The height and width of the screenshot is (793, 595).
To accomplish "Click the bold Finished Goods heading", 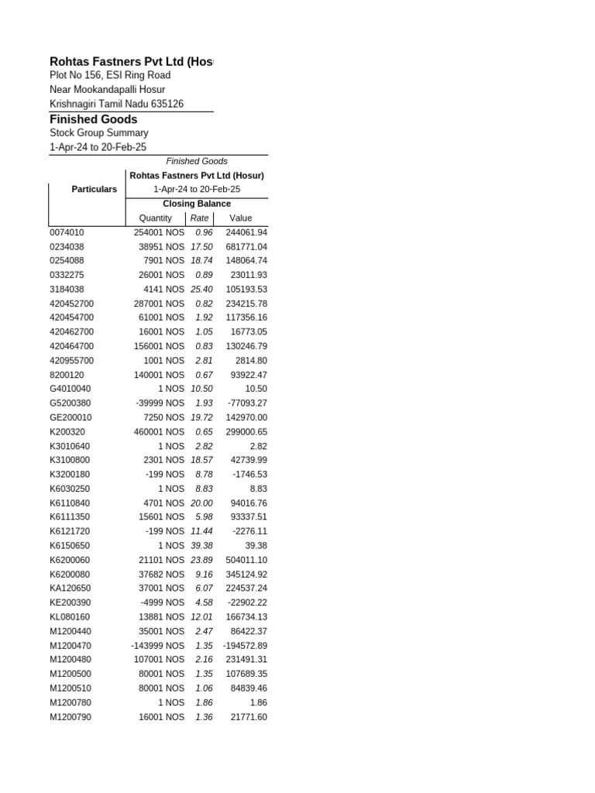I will [93, 119].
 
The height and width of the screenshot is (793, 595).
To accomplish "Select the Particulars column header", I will [94, 189].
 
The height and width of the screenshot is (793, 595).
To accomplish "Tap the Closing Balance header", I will [197, 204].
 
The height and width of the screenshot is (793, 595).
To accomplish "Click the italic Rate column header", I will [199, 218].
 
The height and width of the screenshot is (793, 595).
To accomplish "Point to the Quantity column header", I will [155, 218].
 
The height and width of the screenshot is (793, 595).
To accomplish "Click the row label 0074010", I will [67, 232].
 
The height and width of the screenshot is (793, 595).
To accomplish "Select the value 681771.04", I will [246, 246].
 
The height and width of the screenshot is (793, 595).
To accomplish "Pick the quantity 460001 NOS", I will [159, 431].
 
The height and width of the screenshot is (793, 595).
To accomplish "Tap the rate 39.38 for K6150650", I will [201, 545].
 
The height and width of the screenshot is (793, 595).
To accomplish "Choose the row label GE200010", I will [71, 417].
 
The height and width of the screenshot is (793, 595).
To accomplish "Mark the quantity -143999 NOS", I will [158, 645].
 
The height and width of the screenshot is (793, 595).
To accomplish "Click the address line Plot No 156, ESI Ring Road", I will [110, 75].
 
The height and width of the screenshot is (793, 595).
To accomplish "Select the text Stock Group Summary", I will [98, 133].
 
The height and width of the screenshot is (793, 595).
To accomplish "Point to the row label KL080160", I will [71, 616].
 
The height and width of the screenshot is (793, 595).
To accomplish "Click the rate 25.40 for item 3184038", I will [201, 289].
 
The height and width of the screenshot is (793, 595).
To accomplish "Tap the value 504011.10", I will [246, 560].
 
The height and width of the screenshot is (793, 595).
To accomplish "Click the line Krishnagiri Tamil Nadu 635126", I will [116, 104].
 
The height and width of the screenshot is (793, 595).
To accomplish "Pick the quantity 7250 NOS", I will [163, 417].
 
